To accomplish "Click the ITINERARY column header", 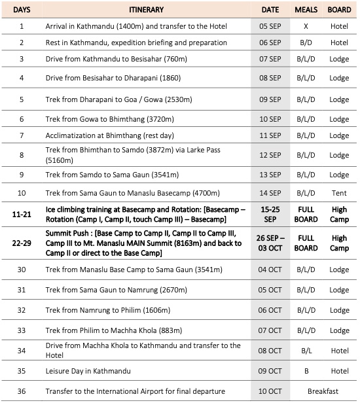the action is (x=147, y=10).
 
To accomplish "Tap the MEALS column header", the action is (x=306, y=10).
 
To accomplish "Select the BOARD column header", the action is (x=339, y=10).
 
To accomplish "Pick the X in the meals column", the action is (x=306, y=26).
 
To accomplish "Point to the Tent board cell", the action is (x=339, y=193).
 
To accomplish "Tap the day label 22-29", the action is (x=22, y=243).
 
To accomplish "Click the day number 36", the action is (x=22, y=391).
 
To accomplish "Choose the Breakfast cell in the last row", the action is (x=322, y=391).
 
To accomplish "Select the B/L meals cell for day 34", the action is (x=306, y=350).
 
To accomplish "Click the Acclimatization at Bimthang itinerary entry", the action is (x=108, y=135).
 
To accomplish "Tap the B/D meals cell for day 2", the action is (x=306, y=43).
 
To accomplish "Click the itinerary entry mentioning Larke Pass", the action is (x=131, y=154).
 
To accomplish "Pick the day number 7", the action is (x=22, y=135).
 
